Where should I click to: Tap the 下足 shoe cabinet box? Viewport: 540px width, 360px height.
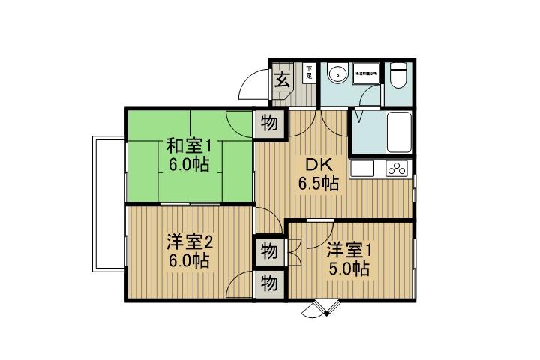click(x=308, y=73)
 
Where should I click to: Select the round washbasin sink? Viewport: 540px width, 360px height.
click(x=336, y=73)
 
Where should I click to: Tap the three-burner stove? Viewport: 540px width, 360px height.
click(x=397, y=169)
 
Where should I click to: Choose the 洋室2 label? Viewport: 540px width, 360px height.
click(x=190, y=242)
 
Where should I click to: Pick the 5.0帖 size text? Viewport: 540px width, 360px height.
click(x=349, y=268)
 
